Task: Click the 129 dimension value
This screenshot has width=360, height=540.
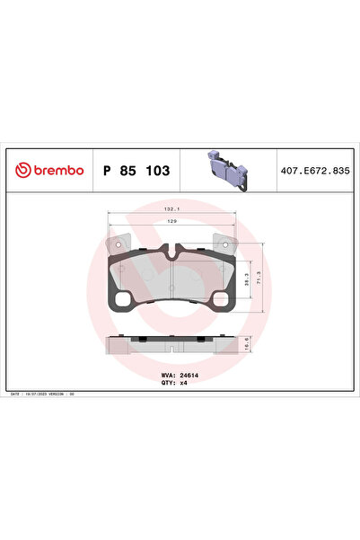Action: (x=167, y=221)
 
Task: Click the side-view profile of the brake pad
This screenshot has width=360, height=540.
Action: (x=168, y=344)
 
